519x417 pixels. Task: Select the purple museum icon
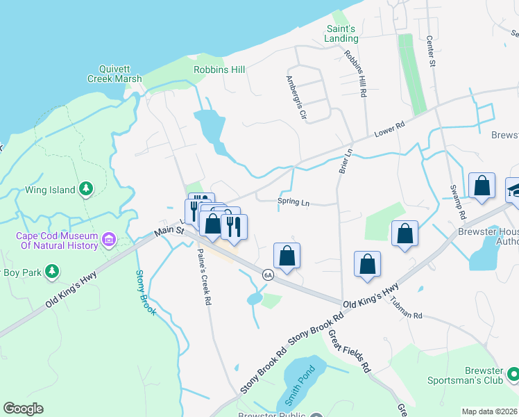click(x=109, y=240)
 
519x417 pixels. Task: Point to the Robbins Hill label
click(x=219, y=69)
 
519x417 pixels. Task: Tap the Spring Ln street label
click(x=293, y=202)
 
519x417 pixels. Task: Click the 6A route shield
click(x=268, y=275)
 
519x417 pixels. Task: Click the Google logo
click(x=23, y=409)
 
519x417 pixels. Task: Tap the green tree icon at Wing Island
click(x=86, y=188)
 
